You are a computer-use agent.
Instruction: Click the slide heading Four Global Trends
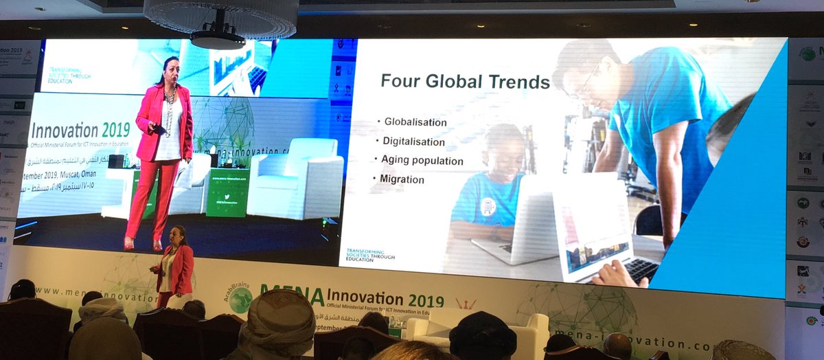point(465,82)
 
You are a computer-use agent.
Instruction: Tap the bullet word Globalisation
point(415,122)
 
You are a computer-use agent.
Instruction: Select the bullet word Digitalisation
point(413,142)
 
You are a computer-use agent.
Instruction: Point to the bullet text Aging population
point(422,161)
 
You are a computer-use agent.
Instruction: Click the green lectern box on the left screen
point(227,192)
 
